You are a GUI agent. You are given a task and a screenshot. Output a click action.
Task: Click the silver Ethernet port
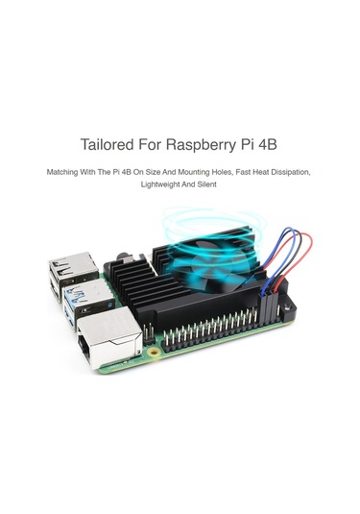(x=105, y=335)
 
